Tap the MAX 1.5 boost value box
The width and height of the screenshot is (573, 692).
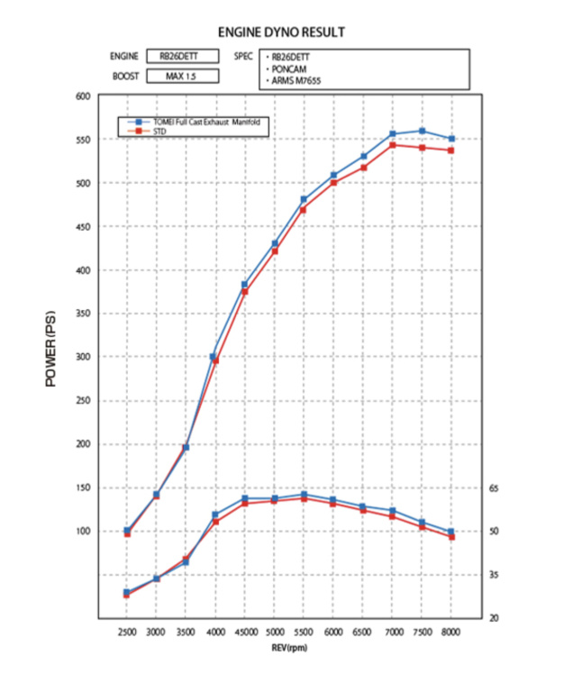180,76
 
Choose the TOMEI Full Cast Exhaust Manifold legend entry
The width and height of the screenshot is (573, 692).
200,122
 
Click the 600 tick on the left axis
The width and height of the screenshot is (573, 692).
83,96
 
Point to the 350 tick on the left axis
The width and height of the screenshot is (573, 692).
83,314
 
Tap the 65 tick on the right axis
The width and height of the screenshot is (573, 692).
493,487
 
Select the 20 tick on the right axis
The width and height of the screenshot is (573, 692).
493,618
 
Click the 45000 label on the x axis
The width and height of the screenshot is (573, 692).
244,633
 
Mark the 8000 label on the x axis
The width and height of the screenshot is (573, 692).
450,633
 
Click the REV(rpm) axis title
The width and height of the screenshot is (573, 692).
288,648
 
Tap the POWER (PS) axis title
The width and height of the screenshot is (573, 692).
50,349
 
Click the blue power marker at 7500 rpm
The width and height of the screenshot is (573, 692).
422,132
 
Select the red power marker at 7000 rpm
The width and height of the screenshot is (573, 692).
393,145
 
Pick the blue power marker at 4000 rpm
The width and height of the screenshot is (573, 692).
214,357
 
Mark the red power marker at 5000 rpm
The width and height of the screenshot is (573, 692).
274,251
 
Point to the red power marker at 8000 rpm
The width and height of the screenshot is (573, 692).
451,150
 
